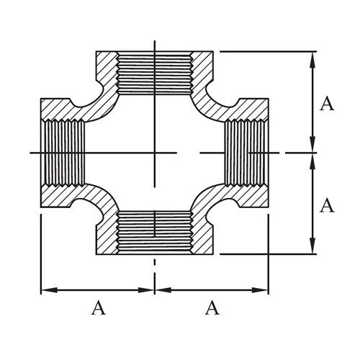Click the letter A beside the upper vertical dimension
point(327,104)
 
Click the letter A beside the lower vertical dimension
point(327,206)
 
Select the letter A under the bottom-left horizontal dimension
point(98,309)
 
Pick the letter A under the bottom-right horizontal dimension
point(212,309)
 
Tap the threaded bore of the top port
point(155,72)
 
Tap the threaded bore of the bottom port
point(155,232)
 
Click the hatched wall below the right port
point(248,197)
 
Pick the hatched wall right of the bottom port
point(204,235)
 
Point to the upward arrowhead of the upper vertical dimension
point(311,58)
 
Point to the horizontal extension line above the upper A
point(266,51)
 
